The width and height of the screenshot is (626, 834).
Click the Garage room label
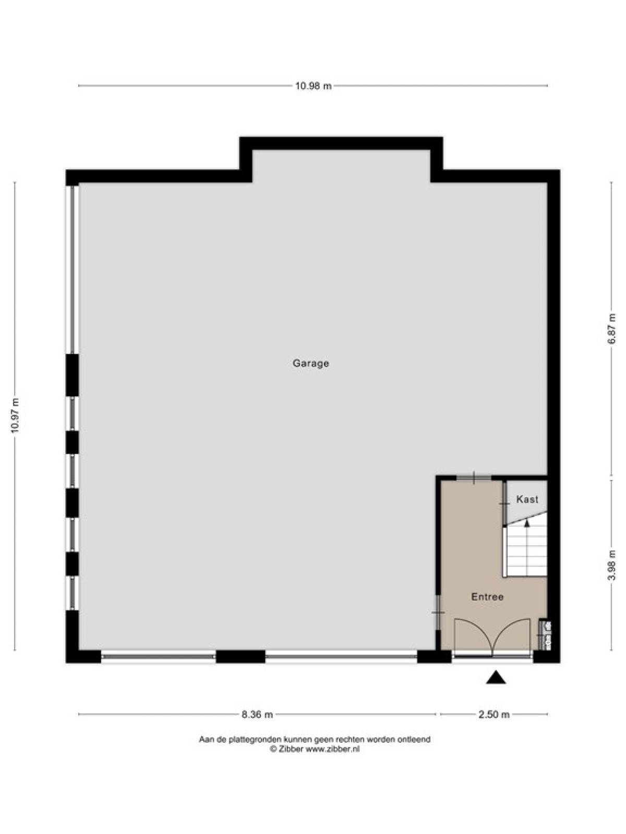pyautogui.click(x=310, y=363)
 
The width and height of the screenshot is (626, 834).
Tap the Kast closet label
pyautogui.click(x=527, y=499)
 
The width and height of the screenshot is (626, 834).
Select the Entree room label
pyautogui.click(x=487, y=596)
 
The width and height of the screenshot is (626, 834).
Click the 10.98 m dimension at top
pyautogui.click(x=313, y=86)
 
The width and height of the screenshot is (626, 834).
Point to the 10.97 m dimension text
pyautogui.click(x=15, y=415)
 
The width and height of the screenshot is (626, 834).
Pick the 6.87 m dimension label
pyautogui.click(x=611, y=329)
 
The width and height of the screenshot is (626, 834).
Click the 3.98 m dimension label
pyautogui.click(x=611, y=565)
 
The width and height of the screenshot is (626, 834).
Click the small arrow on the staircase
pyautogui.click(x=527, y=522)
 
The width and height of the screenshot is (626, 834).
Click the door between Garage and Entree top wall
pyautogui.click(x=474, y=477)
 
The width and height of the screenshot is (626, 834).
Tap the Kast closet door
pyautogui.click(x=504, y=504)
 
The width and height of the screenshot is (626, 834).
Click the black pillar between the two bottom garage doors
pyautogui.click(x=240, y=657)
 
